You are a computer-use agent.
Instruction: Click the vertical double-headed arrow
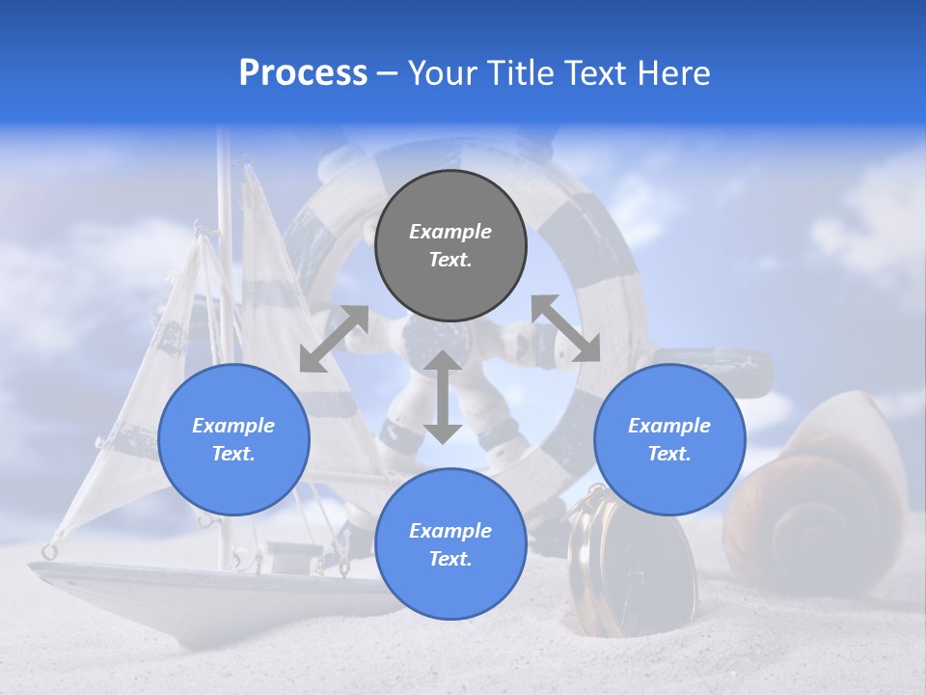click(x=443, y=397)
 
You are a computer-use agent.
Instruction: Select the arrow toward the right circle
click(x=565, y=328)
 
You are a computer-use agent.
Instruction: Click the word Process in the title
click(x=303, y=73)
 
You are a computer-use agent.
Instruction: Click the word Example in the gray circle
click(x=450, y=232)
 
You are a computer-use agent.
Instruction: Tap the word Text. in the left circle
click(x=233, y=454)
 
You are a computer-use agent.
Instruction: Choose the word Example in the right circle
click(x=669, y=426)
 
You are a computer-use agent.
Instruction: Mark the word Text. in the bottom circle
click(x=450, y=559)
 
